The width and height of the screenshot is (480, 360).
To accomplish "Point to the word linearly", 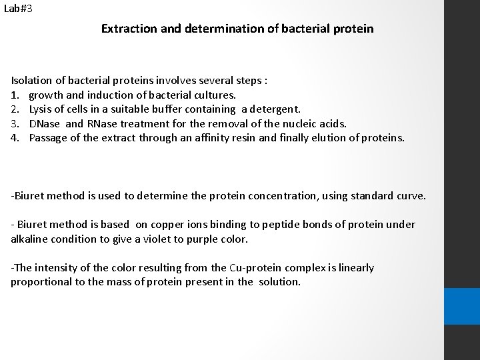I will (x=354, y=268).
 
